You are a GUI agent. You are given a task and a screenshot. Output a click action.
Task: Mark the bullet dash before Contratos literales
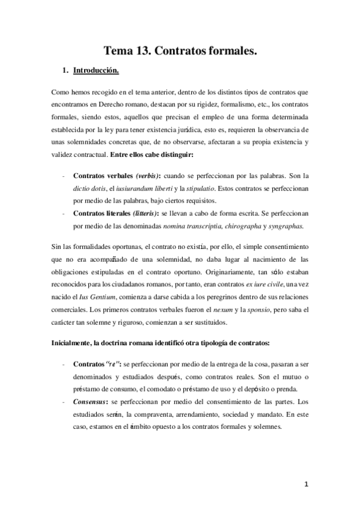tap(64, 214)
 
